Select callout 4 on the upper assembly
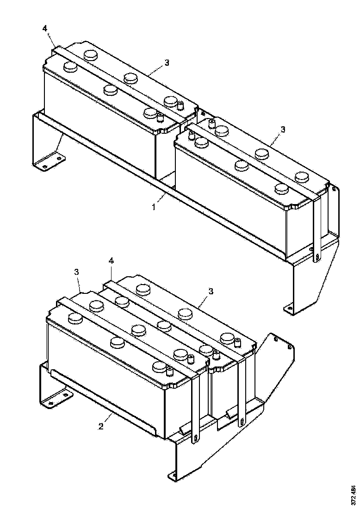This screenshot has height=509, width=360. (x=45, y=29)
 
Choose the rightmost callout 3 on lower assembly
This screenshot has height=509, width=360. (x=211, y=291)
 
